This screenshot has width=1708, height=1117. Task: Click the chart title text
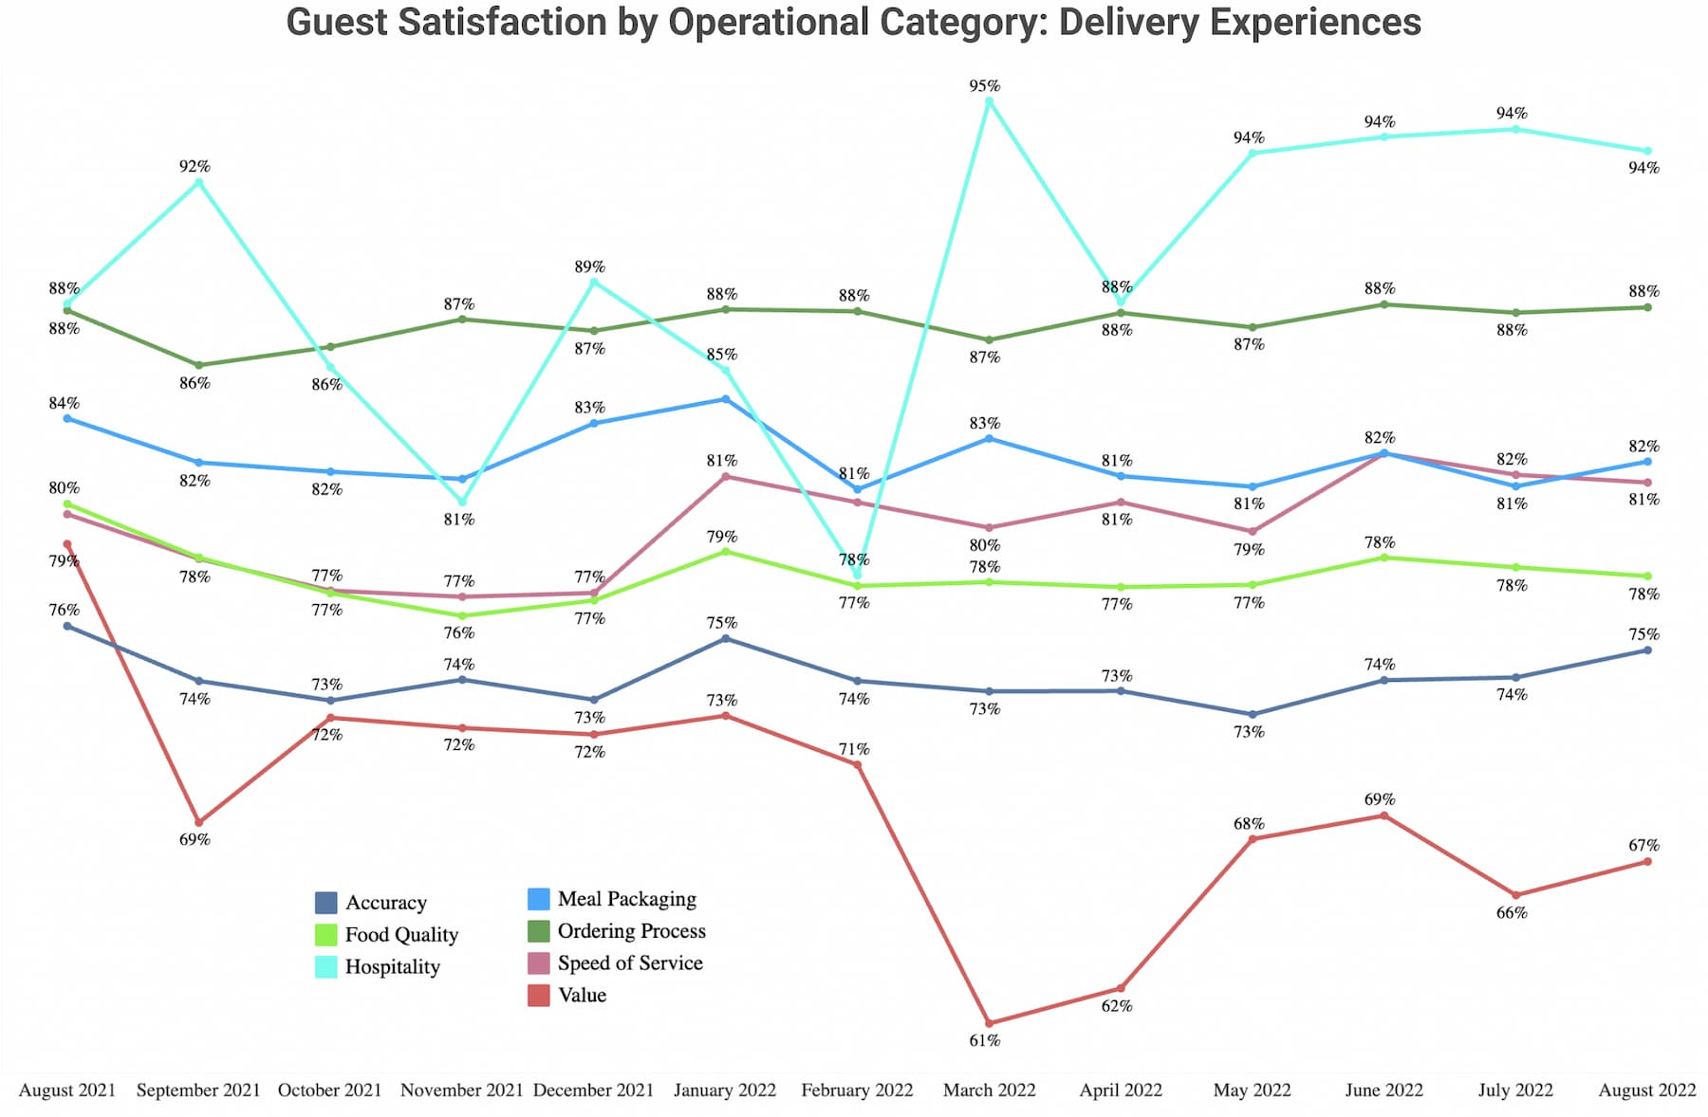pyautogui.click(x=853, y=23)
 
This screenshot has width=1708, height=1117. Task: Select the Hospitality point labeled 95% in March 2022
pyautogui.click(x=989, y=101)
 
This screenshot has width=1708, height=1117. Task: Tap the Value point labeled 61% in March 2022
pyautogui.click(x=989, y=1023)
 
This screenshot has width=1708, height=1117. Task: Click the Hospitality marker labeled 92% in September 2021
pyautogui.click(x=198, y=182)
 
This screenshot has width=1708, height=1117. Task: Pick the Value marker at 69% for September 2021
pyautogui.click(x=198, y=822)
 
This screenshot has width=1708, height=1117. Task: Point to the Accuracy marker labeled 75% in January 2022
pyautogui.click(x=726, y=639)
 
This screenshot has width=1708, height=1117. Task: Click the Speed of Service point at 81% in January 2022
pyautogui.click(x=726, y=477)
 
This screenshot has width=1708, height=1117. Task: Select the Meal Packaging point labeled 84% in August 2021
pyautogui.click(x=67, y=418)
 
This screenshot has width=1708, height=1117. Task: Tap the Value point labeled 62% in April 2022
pyautogui.click(x=1121, y=988)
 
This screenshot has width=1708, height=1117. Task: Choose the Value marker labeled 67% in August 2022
pyautogui.click(x=1647, y=861)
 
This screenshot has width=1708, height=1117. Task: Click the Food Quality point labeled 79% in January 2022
pyautogui.click(x=726, y=551)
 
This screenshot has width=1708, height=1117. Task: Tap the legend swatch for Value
pyautogui.click(x=539, y=996)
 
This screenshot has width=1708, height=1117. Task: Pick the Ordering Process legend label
pyautogui.click(x=631, y=931)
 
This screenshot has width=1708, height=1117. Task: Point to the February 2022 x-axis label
pyautogui.click(x=857, y=1090)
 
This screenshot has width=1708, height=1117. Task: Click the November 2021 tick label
pyautogui.click(x=461, y=1090)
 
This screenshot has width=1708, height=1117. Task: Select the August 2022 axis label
pyautogui.click(x=1646, y=1090)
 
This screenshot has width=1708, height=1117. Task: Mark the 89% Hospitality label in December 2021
pyautogui.click(x=589, y=267)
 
